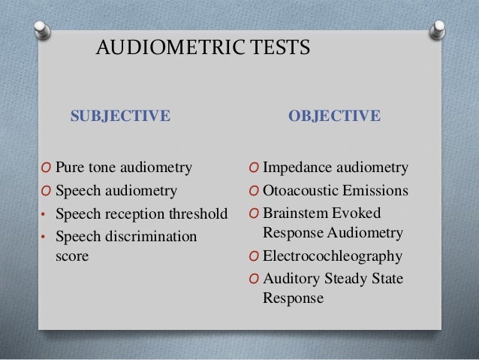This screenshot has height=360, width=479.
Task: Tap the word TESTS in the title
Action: tap(280, 49)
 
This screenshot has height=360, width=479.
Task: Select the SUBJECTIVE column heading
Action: tap(121, 116)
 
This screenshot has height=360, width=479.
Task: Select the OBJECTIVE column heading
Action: tap(335, 116)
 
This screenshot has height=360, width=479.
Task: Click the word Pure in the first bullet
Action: tap(71, 167)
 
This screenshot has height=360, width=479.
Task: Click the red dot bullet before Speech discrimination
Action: tap(44, 237)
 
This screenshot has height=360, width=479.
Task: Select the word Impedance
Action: tap(297, 167)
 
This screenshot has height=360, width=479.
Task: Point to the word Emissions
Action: tap(373, 190)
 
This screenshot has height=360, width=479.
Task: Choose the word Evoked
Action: tap(360, 213)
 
